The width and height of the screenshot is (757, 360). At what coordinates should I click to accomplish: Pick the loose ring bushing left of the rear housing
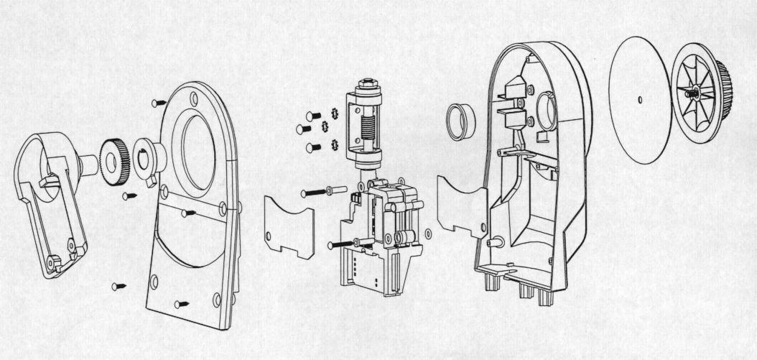click(x=461, y=119)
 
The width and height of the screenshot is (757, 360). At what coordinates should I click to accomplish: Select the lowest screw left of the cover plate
click(x=118, y=287)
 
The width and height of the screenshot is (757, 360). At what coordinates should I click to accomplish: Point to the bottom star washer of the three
click(x=333, y=145)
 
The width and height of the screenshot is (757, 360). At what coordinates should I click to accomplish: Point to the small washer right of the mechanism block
click(x=429, y=234)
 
